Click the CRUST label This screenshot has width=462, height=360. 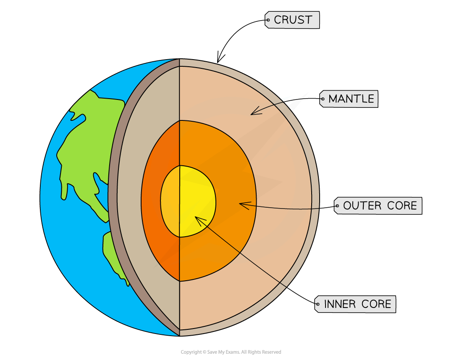tap(292, 20)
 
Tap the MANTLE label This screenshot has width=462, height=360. tap(351, 99)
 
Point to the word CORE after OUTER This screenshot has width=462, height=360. tap(401, 206)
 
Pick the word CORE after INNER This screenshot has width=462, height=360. tap(377, 304)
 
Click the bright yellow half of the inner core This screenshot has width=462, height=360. tap(197, 197)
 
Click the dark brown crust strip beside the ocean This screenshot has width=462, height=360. tap(113, 197)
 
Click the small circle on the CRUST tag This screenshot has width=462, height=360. tap(268, 19)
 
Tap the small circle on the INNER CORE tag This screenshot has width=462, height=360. tap(318, 304)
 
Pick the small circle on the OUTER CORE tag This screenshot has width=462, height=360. tap(337, 206)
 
